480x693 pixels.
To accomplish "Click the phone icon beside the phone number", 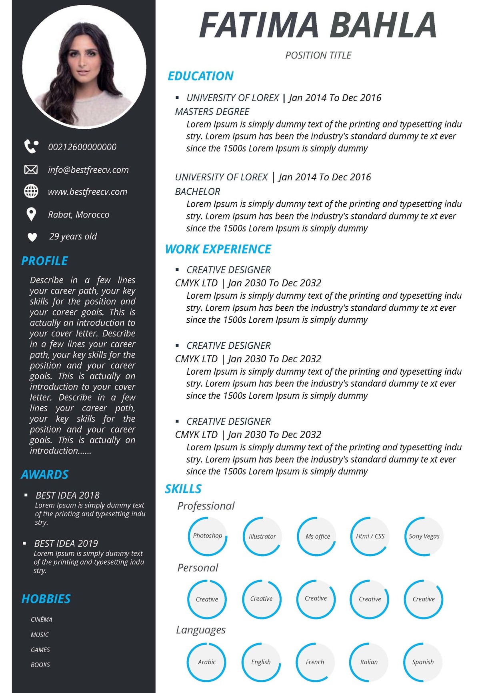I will tap(31, 147).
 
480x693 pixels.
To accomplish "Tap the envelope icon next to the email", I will tap(31, 170).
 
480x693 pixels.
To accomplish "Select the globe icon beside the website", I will tap(31, 192).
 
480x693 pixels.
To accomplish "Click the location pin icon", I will tap(31, 214).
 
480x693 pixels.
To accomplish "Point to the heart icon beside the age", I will tap(32, 237).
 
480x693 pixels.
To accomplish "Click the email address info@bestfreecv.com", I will tap(88, 170).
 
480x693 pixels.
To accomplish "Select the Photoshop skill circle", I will tap(207, 536).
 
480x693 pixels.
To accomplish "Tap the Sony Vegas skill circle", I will tap(424, 536).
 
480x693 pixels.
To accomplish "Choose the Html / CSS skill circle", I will tap(370, 536).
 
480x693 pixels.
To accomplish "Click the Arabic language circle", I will tap(207, 662).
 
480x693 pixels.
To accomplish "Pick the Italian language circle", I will tap(369, 662).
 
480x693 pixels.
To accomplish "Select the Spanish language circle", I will tap(423, 662).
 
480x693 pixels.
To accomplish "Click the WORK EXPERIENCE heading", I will tap(218, 249).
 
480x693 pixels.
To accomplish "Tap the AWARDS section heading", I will tap(45, 475).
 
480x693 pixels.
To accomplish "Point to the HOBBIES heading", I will tap(46, 599).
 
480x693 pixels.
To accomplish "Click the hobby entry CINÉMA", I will tap(42, 619).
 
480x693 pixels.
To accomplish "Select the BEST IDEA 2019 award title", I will tap(66, 543).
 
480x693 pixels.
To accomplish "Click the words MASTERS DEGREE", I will tap(212, 112).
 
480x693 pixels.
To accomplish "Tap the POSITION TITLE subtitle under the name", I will tap(318, 55).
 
